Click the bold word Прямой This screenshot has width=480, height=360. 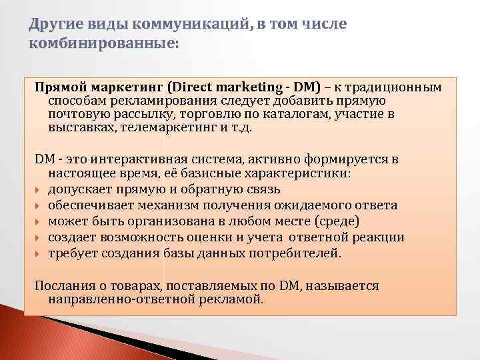(x=61, y=87)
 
